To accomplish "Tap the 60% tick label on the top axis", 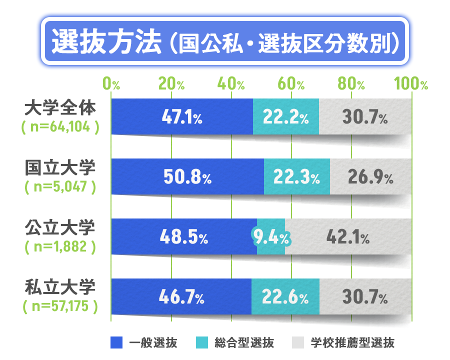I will tap(292, 83).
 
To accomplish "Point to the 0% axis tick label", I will tap(111, 83).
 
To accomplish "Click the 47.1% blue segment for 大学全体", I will tap(182, 117).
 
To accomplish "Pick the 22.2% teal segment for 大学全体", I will tap(285, 117).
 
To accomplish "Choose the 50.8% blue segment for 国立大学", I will tap(187, 177).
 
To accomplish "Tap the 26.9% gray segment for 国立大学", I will tap(370, 177).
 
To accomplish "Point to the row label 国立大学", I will tap(60, 168).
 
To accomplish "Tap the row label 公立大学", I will tap(60, 228).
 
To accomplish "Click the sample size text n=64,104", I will tap(60, 127).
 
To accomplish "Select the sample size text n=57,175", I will tap(60, 305).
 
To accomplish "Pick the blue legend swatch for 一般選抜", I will tap(116, 343).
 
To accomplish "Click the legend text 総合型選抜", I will tap(244, 343).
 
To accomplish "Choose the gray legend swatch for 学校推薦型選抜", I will tap(298, 343).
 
